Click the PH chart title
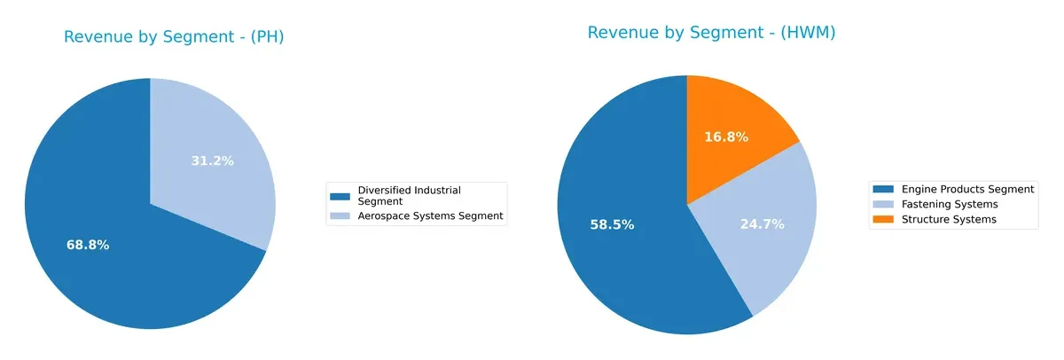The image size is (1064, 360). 174,37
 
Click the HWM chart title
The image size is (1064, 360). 711,33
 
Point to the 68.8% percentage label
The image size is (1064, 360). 88,245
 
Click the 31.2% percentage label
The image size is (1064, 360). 213,161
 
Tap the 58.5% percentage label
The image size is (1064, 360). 612,225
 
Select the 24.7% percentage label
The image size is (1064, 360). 763,224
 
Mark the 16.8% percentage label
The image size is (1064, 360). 726,137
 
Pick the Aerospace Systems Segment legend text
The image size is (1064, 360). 430,215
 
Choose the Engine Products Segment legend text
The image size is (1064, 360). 967,189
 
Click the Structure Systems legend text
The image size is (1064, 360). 949,219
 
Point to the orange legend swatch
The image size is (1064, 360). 884,219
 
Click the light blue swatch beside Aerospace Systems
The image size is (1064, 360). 340,215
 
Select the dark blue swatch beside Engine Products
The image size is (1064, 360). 884,189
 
